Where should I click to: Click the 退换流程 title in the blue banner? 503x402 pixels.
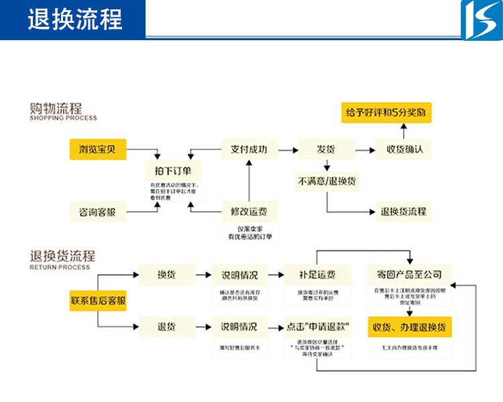74,19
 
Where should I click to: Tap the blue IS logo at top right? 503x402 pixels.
480,19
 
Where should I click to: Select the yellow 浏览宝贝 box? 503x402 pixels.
98,149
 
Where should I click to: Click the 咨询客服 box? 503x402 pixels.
98,212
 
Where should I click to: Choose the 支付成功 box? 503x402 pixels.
249,149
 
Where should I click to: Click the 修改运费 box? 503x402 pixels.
249,212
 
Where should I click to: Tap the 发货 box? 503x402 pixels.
326,149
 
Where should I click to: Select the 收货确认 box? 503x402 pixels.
404,149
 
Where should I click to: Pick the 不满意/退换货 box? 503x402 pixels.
326,181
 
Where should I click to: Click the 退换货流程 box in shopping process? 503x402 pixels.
404,212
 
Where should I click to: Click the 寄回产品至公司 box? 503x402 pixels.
409,274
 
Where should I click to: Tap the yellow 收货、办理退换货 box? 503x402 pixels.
409,327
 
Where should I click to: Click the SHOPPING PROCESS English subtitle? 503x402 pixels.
63,119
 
